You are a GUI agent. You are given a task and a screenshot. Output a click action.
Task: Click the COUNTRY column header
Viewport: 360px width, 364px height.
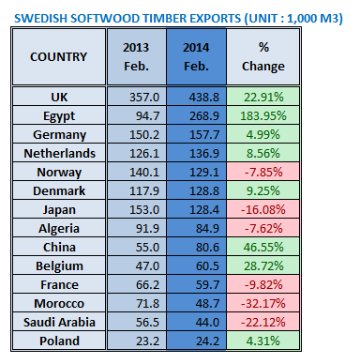58,56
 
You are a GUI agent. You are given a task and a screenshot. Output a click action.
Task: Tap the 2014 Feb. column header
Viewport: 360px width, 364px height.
194,56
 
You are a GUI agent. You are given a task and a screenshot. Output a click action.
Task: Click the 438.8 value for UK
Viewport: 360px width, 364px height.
194,99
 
